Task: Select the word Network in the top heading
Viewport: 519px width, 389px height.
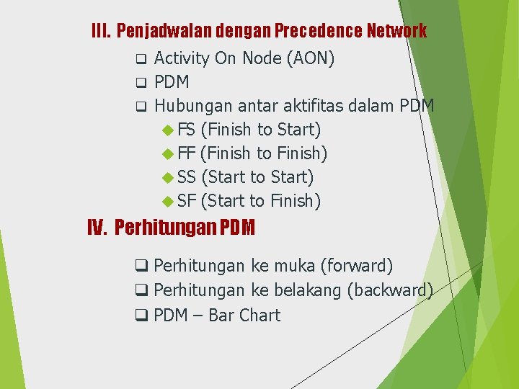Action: click(x=396, y=31)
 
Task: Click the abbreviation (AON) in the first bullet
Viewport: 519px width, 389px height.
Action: click(x=311, y=58)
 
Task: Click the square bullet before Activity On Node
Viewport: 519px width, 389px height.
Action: click(x=141, y=58)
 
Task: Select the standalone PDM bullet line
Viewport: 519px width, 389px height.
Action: click(x=172, y=82)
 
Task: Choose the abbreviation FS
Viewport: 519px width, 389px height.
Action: click(x=186, y=130)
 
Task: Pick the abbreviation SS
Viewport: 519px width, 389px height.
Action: click(x=186, y=177)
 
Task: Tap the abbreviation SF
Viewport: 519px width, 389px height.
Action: click(x=186, y=201)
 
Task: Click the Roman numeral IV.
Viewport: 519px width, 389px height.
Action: click(x=97, y=228)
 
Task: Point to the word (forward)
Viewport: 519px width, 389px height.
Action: click(x=358, y=267)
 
